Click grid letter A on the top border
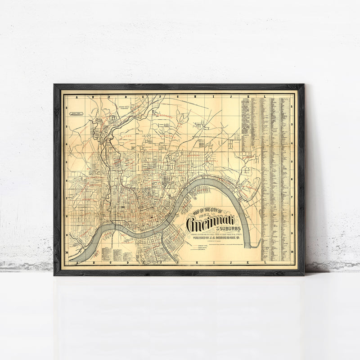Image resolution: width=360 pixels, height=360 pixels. pyautogui.click(x=77, y=96)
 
